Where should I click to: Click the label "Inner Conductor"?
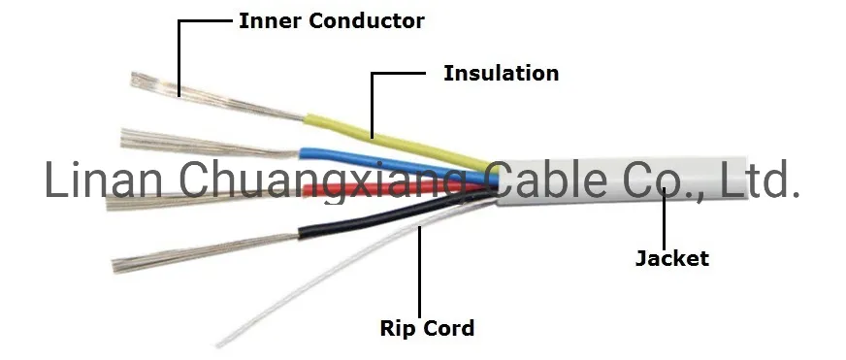coord(331,20)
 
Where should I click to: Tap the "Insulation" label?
coord(501,73)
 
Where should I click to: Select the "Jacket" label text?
coord(671,258)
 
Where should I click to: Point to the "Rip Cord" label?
coord(427,328)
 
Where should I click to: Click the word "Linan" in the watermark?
coord(108,182)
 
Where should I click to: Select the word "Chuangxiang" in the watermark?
coord(326,182)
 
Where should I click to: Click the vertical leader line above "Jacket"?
coord(666,218)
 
